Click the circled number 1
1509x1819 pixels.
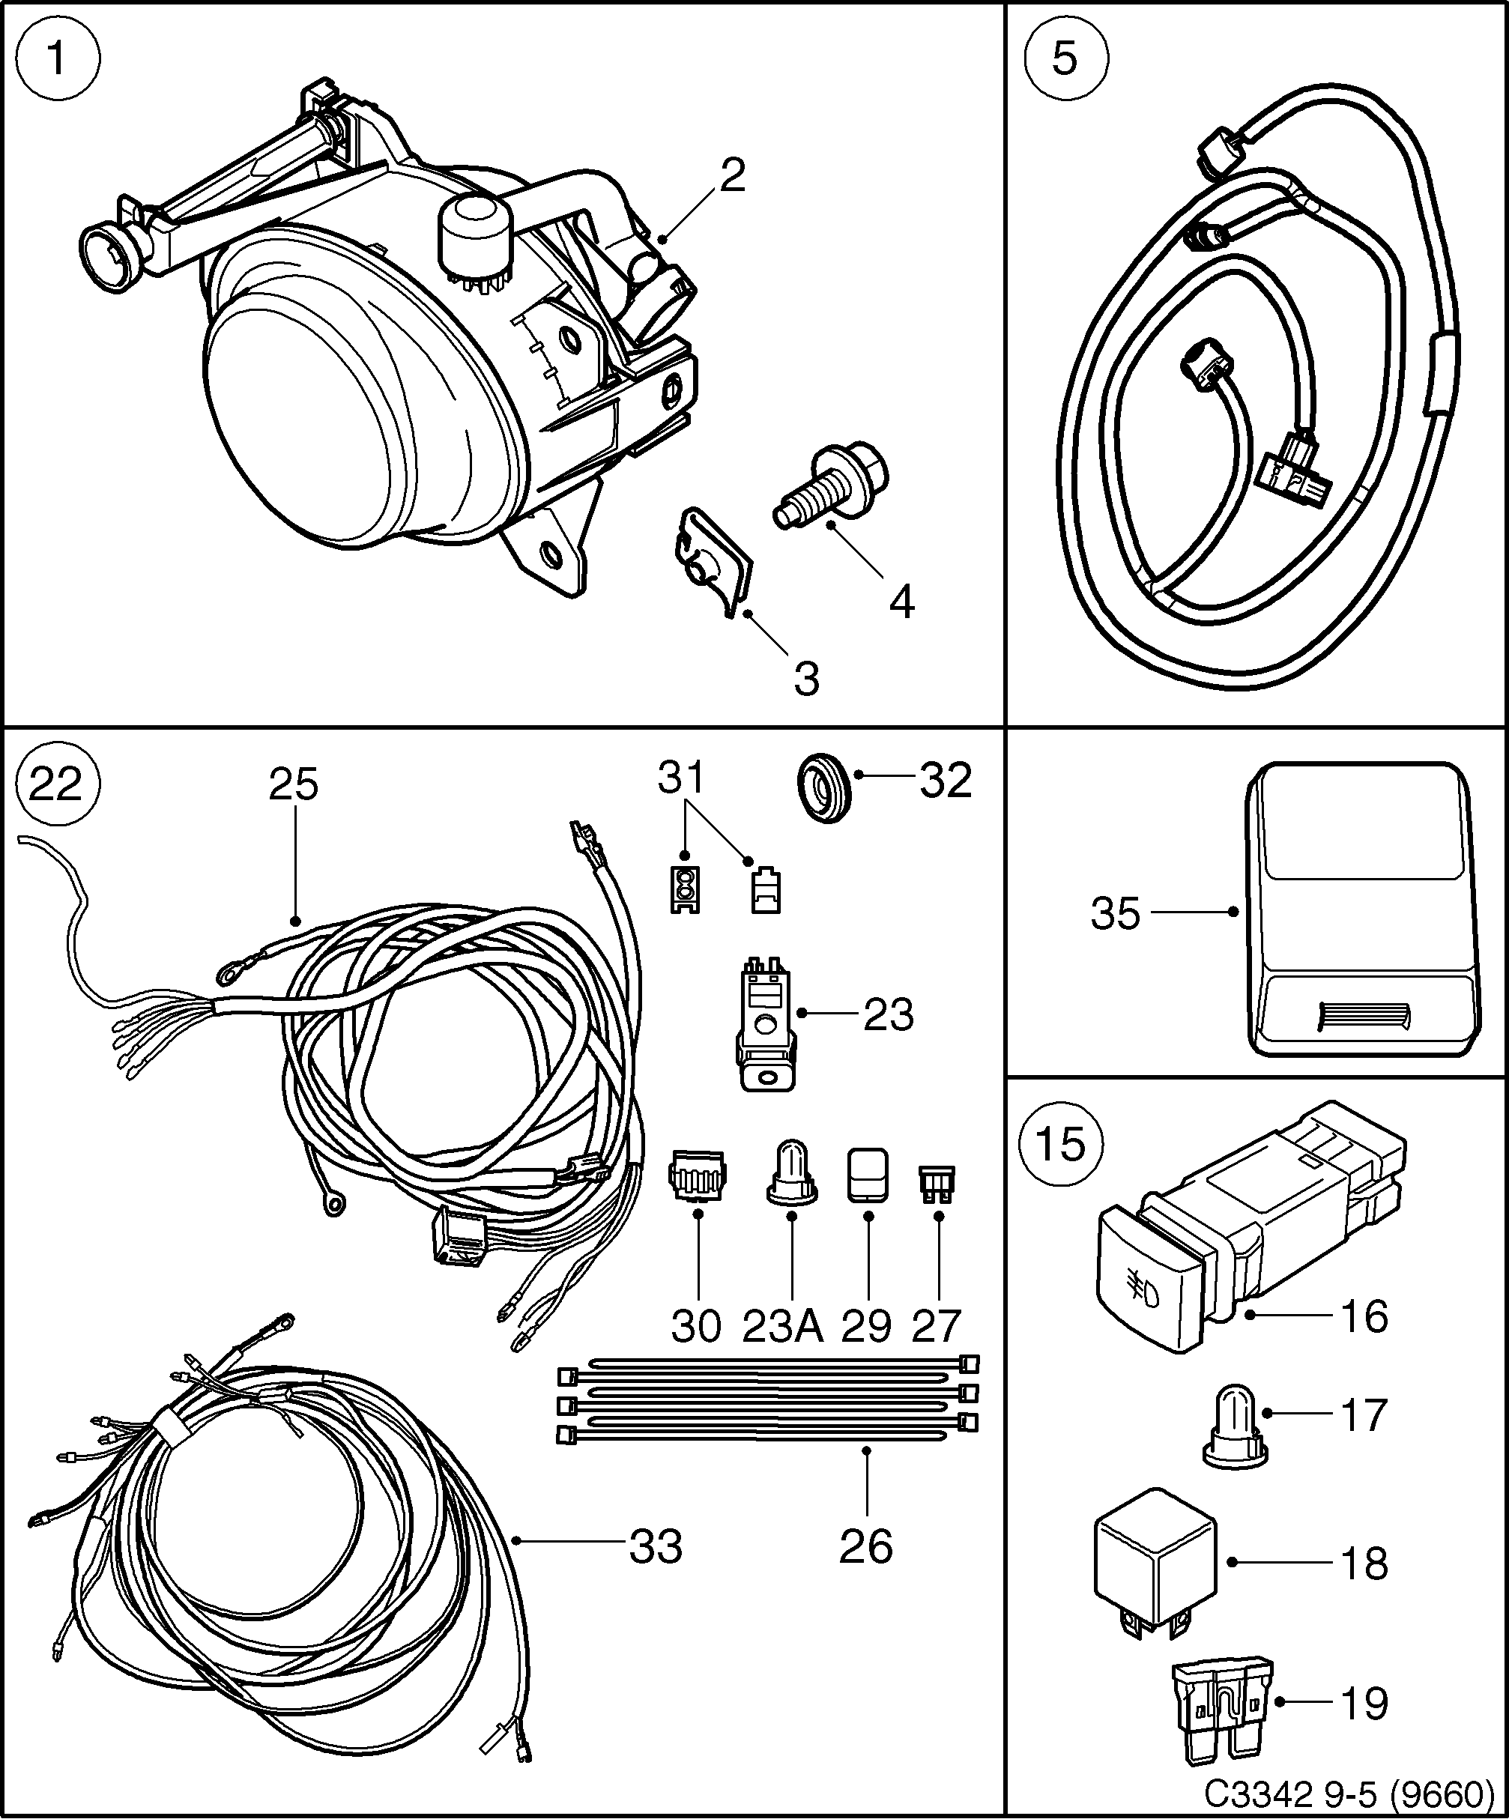point(58,60)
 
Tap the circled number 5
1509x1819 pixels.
point(1065,60)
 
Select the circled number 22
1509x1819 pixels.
point(58,785)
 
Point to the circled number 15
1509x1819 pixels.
point(1061,1143)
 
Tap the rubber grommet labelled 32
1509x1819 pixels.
point(823,787)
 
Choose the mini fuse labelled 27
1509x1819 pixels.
point(937,1184)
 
